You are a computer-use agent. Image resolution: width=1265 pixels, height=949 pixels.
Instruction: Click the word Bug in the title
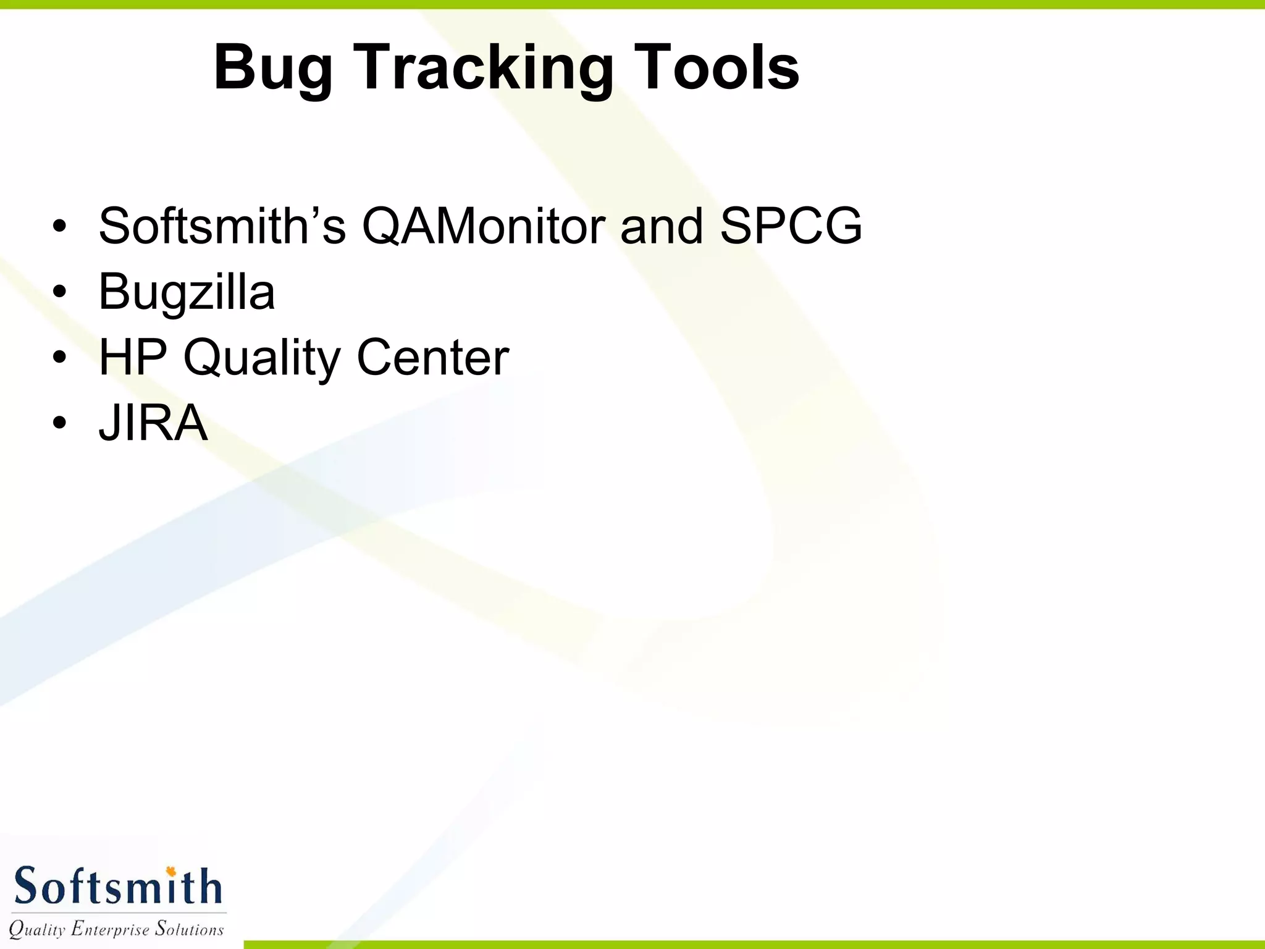coord(273,68)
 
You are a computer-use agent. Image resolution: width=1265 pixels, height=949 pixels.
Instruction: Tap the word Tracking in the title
coord(483,68)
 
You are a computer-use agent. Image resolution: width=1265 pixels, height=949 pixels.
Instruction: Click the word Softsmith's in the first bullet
coord(222,226)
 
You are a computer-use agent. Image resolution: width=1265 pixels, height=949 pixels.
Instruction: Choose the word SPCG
coord(791,226)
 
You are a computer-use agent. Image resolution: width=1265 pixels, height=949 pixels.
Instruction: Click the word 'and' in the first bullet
coord(662,226)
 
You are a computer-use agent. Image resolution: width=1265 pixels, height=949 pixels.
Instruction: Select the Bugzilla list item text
coord(187,292)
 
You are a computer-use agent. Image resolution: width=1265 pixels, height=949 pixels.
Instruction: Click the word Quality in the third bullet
coord(261,358)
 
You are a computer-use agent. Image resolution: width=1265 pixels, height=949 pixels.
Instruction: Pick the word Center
coord(433,357)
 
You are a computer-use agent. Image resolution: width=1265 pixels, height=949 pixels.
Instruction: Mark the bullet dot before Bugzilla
coord(59,292)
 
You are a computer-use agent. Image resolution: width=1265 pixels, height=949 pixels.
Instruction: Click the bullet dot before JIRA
coord(59,423)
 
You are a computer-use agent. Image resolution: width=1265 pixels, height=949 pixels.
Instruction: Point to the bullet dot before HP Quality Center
coord(59,357)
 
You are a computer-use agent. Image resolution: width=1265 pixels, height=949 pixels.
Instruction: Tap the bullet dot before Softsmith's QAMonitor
coord(59,226)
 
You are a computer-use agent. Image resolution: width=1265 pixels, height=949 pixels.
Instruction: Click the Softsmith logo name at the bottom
coord(117,887)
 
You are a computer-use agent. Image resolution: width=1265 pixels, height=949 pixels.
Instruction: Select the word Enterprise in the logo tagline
coord(110,929)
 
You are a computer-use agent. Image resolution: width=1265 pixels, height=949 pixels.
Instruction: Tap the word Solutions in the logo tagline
coord(189,929)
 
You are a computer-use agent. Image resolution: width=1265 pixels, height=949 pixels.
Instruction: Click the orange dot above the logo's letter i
coord(171,871)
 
